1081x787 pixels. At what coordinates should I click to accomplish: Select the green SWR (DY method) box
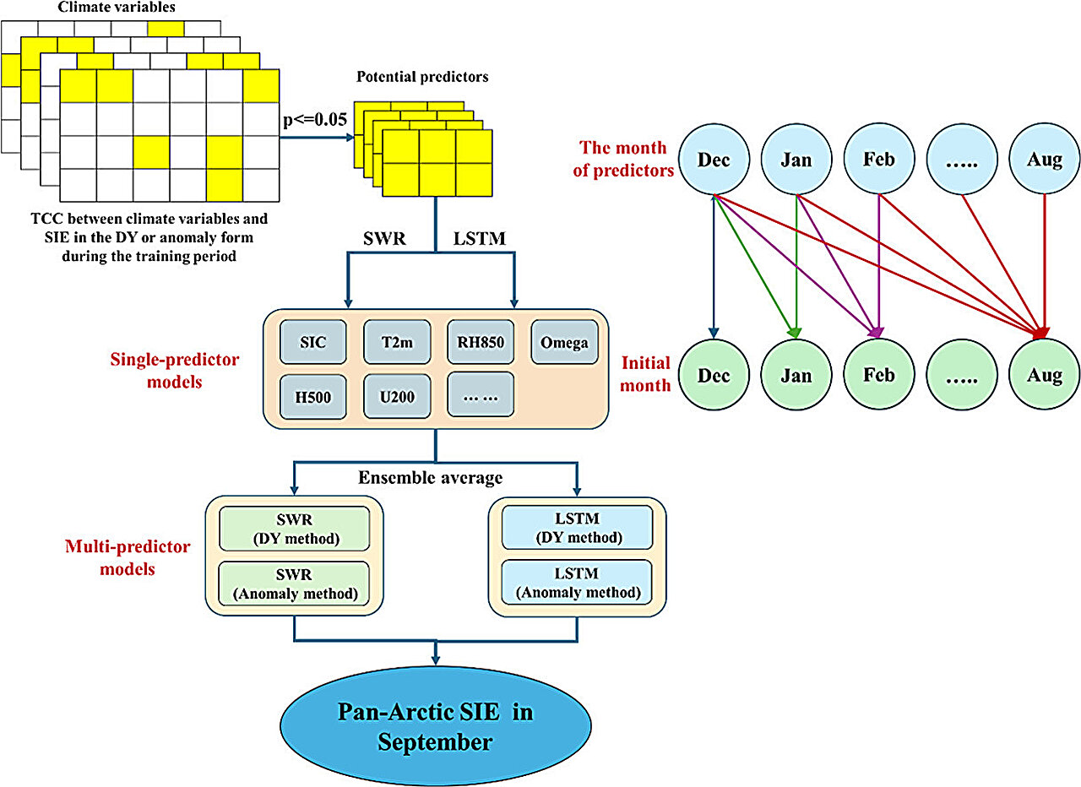(294, 528)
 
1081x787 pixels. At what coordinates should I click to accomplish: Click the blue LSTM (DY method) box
(577, 528)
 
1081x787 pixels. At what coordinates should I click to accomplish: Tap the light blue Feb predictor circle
(879, 159)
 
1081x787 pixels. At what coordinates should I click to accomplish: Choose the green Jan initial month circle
(796, 375)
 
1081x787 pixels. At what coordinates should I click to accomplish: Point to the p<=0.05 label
(313, 119)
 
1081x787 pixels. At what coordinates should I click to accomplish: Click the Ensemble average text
(431, 478)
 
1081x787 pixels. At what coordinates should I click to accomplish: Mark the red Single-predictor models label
(175, 370)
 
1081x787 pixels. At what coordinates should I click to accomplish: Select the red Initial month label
(646, 373)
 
